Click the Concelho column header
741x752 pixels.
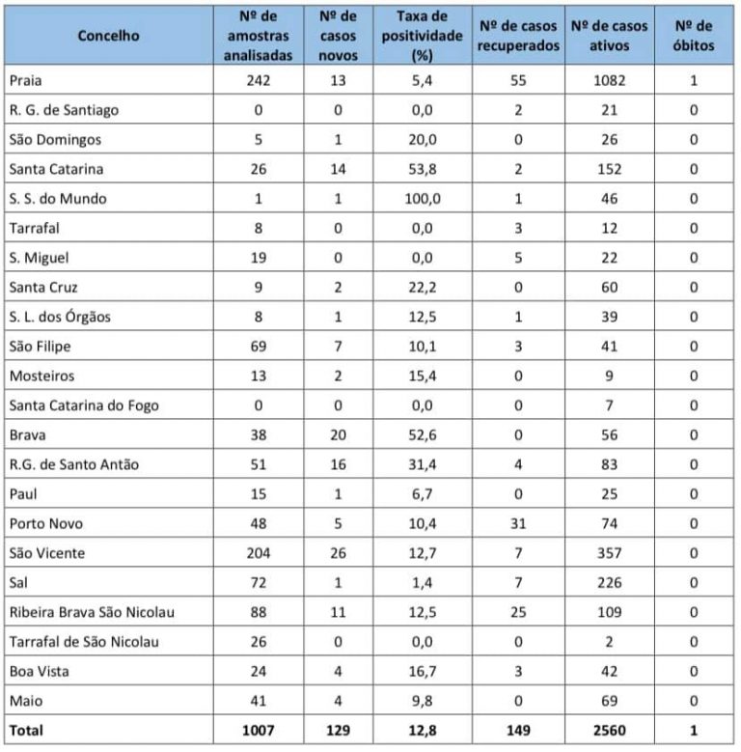click(108, 36)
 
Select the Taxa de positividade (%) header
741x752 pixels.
click(422, 36)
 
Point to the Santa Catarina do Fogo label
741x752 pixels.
click(84, 405)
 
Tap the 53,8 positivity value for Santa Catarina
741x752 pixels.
click(422, 169)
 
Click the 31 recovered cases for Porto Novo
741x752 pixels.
click(517, 523)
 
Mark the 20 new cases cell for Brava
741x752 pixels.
click(337, 434)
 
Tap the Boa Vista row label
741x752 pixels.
click(38, 672)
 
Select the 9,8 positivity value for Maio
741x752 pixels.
click(422, 701)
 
